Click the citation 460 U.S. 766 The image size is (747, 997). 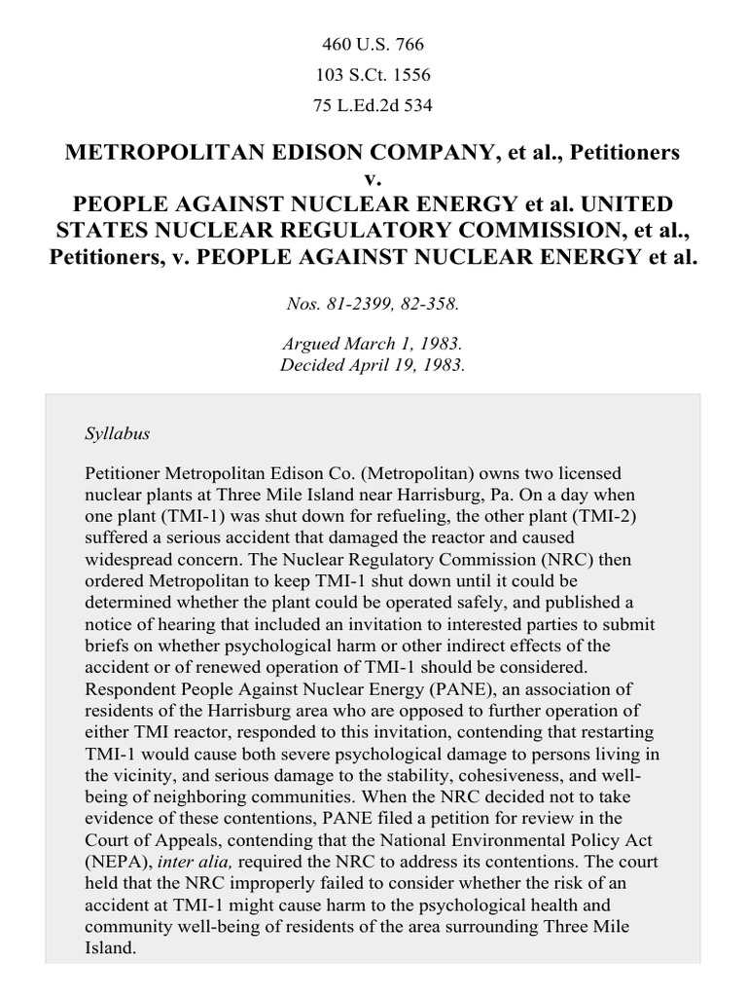pyautogui.click(x=373, y=45)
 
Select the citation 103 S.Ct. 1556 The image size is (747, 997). pyautogui.click(x=373, y=75)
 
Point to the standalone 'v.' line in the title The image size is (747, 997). pyautogui.click(x=373, y=179)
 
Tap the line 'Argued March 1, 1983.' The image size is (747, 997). pyautogui.click(x=373, y=346)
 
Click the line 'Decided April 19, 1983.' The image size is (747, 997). pyautogui.click(x=373, y=365)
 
